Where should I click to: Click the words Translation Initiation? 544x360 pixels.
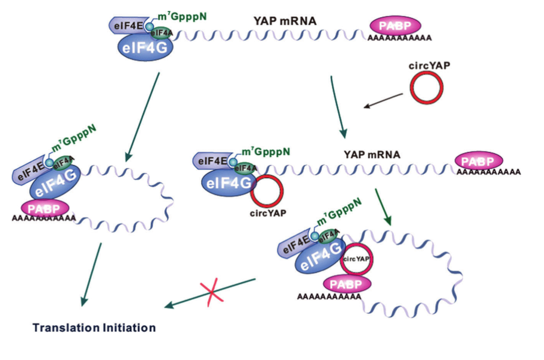click(94, 328)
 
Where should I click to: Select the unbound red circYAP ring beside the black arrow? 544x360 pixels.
click(427, 87)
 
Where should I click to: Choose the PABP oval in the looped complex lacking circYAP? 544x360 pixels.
click(45, 208)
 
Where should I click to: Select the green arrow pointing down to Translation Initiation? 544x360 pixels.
click(92, 273)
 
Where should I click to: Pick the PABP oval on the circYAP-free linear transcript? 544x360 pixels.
click(395, 26)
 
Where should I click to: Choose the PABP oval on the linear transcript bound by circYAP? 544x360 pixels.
click(479, 161)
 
